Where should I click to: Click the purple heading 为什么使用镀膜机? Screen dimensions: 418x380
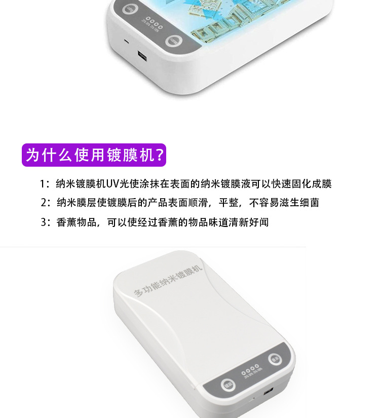tap(94, 155)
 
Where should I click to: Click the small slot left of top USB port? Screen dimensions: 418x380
tap(127, 41)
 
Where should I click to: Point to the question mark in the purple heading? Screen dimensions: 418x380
tap(159, 155)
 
